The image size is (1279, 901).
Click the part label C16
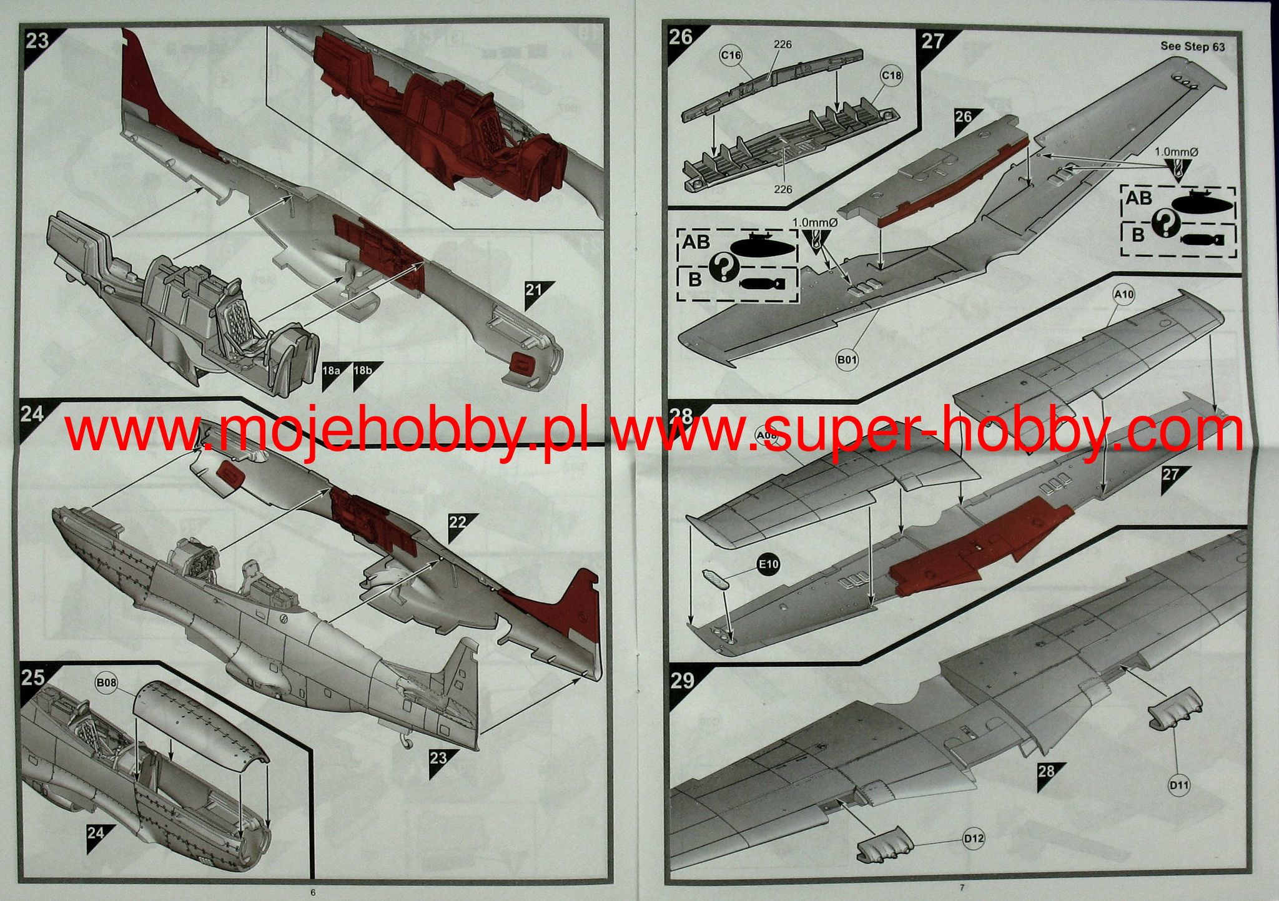(731, 56)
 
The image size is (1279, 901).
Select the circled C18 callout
(891, 76)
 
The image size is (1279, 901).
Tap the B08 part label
(107, 683)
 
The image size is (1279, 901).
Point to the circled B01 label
(847, 360)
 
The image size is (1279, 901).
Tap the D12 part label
(973, 839)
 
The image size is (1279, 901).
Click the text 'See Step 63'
(1193, 46)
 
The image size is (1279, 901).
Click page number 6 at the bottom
(313, 892)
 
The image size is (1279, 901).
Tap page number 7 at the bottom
(962, 888)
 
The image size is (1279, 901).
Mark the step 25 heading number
(33, 677)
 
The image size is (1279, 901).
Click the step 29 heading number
(681, 680)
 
